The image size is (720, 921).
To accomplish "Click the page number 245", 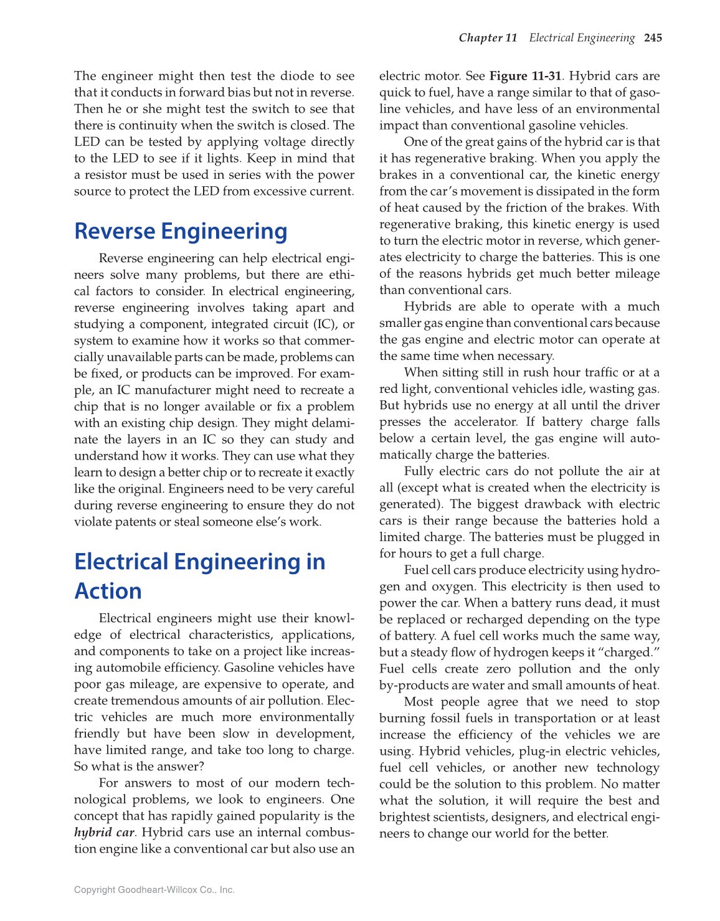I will pyautogui.click(x=653, y=38).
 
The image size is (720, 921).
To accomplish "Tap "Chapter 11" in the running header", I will pyautogui.click(x=488, y=38).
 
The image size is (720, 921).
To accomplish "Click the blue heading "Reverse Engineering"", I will pyautogui.click(x=181, y=231).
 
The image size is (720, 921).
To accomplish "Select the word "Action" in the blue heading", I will pyautogui.click(x=108, y=591).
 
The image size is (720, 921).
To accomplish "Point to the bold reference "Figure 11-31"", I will pyautogui.click(x=525, y=76).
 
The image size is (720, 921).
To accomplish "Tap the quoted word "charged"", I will pyautogui.click(x=633, y=653).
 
